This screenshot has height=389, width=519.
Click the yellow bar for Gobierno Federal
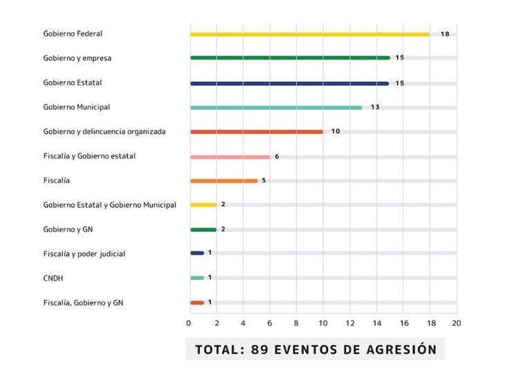(309, 34)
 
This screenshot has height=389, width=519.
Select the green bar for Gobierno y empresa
(290, 58)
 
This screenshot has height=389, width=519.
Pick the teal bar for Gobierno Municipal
(276, 108)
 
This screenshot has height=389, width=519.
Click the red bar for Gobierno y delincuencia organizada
(257, 132)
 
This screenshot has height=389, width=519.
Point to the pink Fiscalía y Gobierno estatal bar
(230, 157)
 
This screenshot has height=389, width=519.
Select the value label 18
(445, 34)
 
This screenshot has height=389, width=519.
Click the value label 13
(375, 107)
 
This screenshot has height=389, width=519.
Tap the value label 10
(336, 131)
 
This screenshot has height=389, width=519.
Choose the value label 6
(277, 157)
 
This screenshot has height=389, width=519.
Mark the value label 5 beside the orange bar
(264, 180)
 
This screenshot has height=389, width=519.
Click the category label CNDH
(54, 278)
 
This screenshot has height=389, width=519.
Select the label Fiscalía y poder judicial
(84, 254)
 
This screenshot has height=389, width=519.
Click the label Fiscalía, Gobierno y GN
(83, 303)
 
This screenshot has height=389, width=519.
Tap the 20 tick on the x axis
(456, 323)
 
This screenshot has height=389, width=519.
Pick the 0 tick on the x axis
(189, 323)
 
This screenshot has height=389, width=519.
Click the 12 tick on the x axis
(349, 323)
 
